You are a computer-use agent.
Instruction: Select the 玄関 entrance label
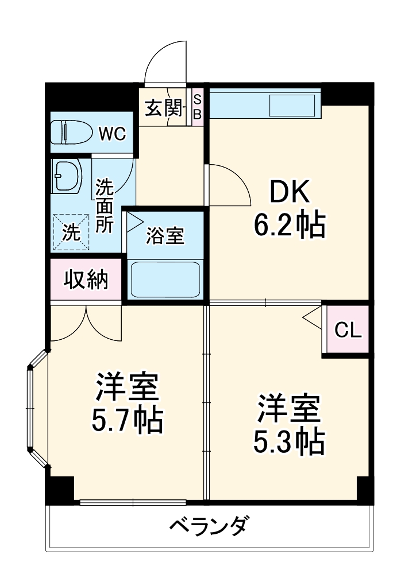click(163, 107)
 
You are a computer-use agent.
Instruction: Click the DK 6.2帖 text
click(290, 210)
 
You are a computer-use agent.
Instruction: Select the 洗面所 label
click(104, 205)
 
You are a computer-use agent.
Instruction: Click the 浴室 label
click(165, 235)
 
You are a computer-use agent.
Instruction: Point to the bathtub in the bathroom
click(165, 278)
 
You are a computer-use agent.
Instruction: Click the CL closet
click(347, 330)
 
